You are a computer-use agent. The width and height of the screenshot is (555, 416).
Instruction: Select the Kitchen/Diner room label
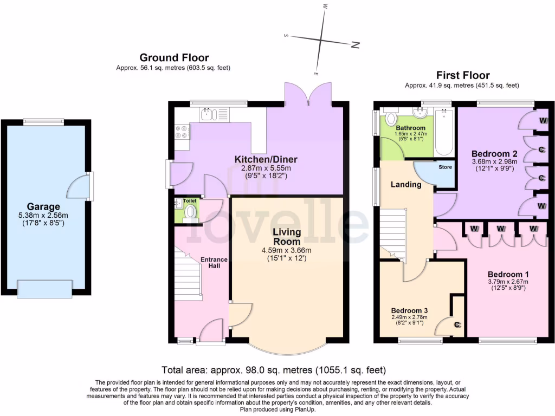point(266,159)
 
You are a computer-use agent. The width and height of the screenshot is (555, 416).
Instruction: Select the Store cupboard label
point(445,167)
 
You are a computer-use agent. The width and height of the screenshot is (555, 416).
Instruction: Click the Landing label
point(406,184)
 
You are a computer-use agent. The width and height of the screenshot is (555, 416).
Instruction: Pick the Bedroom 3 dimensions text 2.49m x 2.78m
point(410,317)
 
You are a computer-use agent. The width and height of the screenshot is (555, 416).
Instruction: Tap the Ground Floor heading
point(174,57)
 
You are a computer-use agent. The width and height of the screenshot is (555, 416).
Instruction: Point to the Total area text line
point(274,370)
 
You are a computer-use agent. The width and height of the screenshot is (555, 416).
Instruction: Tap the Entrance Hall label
point(214,263)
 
